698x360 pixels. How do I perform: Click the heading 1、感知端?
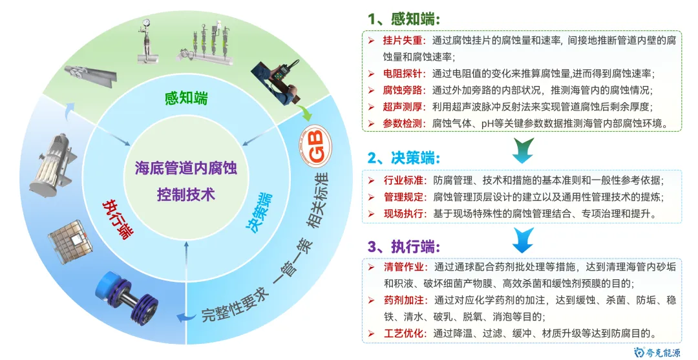click(404, 19)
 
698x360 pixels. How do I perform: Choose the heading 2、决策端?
click(404, 158)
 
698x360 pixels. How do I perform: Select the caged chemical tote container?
click(71, 240)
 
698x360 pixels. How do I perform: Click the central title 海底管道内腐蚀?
click(186, 169)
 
